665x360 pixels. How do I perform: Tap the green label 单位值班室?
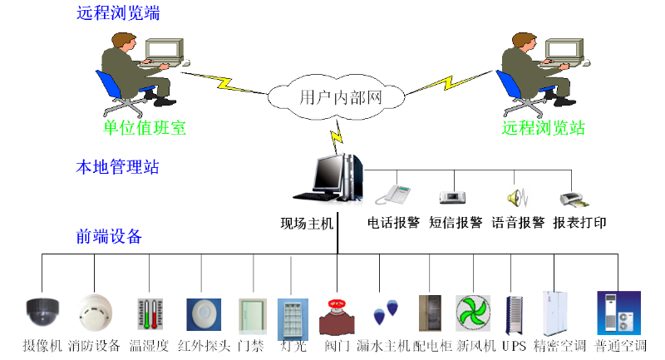coord(145,128)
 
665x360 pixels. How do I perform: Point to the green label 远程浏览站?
coord(544,128)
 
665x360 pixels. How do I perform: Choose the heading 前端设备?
coord(109,237)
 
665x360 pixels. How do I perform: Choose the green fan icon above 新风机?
coord(472,314)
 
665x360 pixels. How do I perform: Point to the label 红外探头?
coord(200,345)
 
